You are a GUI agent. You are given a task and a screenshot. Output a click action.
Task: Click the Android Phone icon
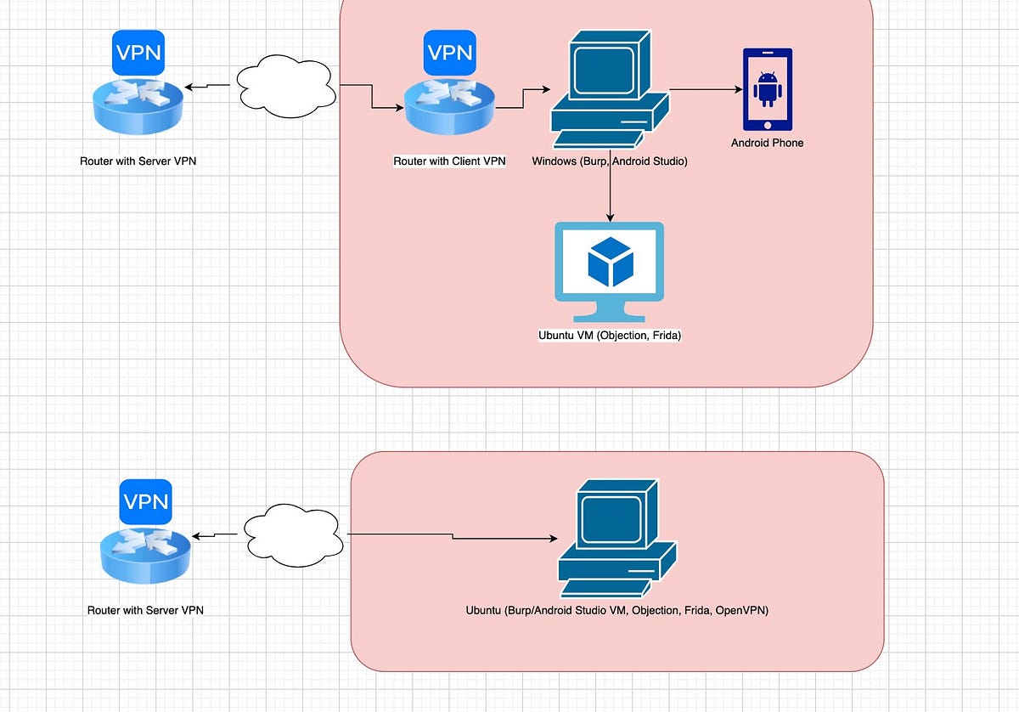[x=767, y=89]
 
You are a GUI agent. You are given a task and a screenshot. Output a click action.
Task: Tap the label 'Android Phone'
[x=767, y=143]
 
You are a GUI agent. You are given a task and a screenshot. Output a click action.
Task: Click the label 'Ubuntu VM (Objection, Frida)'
[x=610, y=336]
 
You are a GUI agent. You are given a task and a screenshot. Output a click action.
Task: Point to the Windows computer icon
[x=608, y=90]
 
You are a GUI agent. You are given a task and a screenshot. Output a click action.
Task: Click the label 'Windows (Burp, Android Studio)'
[x=609, y=161]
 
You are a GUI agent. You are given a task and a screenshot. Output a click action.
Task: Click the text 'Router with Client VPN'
[x=449, y=161]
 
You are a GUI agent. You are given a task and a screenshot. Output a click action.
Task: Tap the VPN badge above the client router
[x=449, y=53]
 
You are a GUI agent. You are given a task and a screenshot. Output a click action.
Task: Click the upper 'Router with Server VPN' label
[x=138, y=161]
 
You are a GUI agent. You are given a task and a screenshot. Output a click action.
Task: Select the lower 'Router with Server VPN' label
[x=145, y=610]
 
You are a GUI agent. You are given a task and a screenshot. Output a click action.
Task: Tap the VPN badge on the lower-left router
[x=146, y=501]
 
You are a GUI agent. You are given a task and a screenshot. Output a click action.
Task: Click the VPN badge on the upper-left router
[x=138, y=52]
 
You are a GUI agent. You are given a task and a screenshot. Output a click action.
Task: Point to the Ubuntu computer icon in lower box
[x=615, y=540]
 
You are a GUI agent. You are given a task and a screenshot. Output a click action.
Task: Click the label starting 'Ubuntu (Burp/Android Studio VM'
[x=616, y=610]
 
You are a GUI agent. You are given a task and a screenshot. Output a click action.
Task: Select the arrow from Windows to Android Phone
[x=705, y=89]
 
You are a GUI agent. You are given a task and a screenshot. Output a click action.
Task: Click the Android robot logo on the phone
[x=767, y=88]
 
